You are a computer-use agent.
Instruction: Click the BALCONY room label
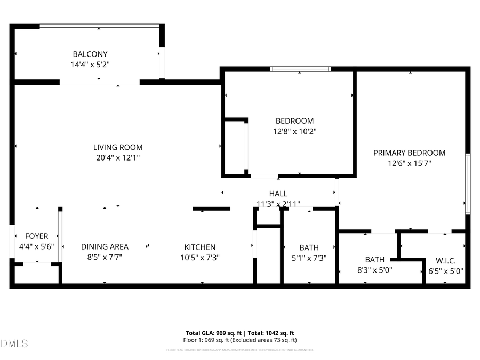[90, 54]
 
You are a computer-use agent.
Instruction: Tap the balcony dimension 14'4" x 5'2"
[90, 64]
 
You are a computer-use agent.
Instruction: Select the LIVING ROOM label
[118, 147]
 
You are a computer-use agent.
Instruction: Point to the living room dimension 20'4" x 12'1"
[118, 157]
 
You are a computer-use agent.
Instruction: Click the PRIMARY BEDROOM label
[409, 153]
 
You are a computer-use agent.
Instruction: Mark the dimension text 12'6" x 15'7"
[409, 163]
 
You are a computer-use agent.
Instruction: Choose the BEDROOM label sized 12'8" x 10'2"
[294, 121]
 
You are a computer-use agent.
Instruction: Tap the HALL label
[278, 194]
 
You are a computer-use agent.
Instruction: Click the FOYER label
[37, 236]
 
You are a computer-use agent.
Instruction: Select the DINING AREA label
[105, 246]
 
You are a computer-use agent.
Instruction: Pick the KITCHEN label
[200, 247]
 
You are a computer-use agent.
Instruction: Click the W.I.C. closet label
[445, 261]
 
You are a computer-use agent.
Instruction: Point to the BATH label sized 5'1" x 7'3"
[309, 247]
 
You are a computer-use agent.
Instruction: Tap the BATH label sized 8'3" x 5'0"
[375, 260]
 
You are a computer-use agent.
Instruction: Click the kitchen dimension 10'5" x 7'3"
[200, 257]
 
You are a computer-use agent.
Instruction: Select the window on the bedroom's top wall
[300, 69]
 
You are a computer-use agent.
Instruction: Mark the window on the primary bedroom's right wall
[468, 184]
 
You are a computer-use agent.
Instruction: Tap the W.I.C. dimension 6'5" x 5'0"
[446, 270]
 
